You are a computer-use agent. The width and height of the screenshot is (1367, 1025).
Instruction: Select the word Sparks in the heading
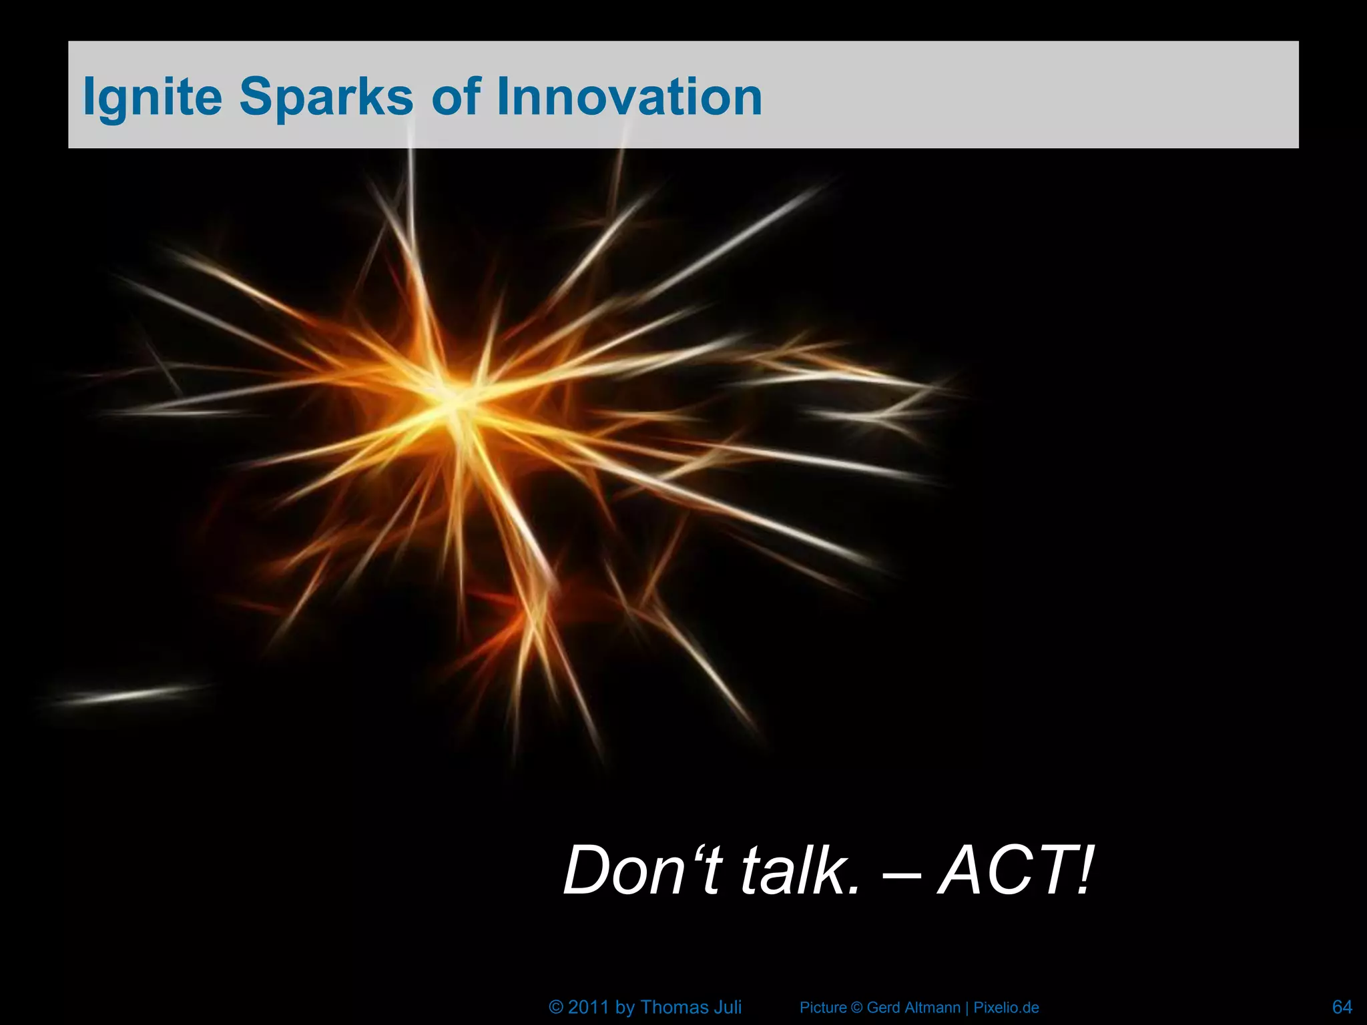pos(326,97)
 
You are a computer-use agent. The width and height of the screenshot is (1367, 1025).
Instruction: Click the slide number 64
pos(1342,1006)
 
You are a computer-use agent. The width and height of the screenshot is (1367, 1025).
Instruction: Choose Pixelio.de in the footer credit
pos(1006,1008)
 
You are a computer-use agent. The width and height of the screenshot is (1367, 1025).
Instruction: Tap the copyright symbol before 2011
pos(556,1007)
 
